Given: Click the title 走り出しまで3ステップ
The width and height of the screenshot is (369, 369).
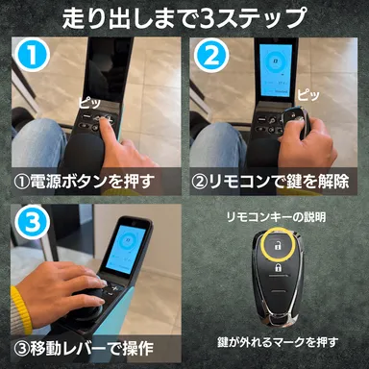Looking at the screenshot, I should click(x=184, y=18).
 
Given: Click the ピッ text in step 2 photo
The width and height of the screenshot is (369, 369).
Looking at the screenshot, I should click(x=309, y=95).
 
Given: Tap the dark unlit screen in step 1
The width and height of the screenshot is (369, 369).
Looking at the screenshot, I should click(x=106, y=72).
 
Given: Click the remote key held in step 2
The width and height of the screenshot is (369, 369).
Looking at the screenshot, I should click(x=290, y=123).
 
